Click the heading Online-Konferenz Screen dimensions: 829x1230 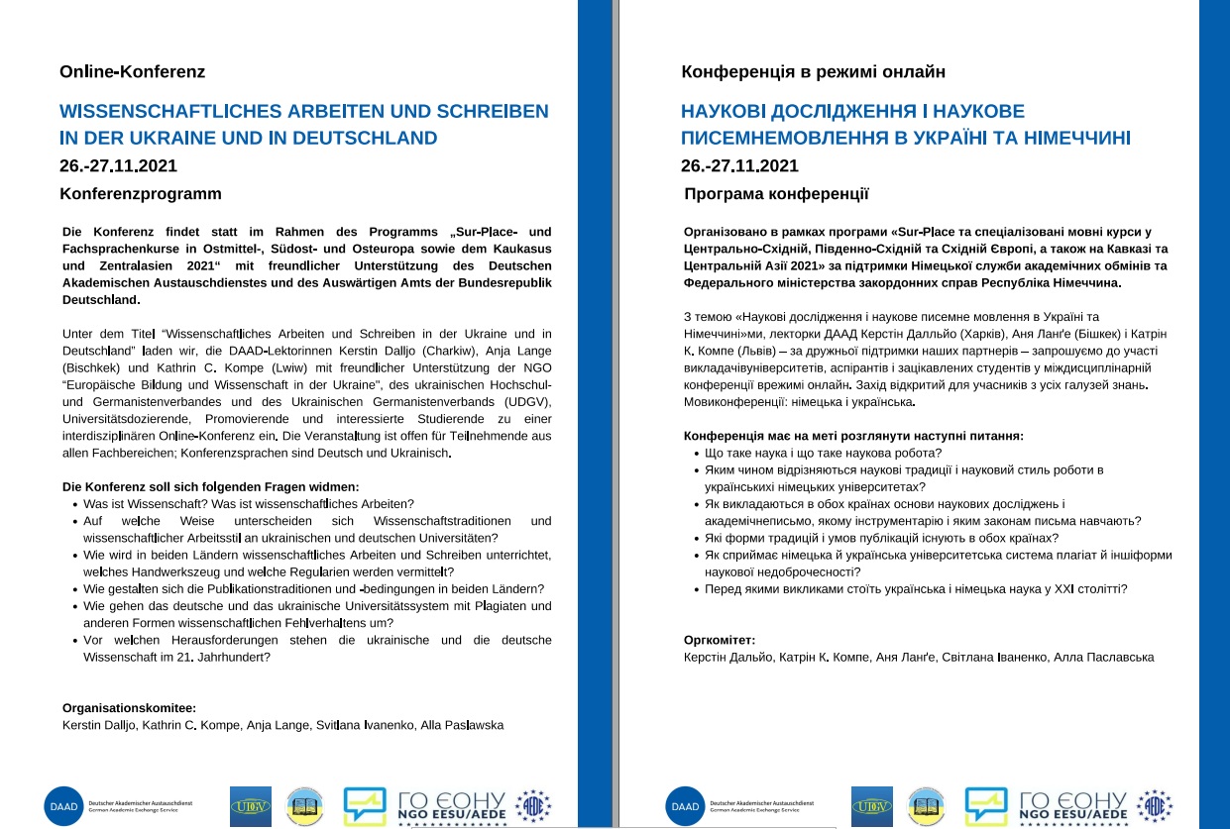click(x=132, y=72)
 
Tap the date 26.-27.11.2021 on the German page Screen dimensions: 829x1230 click(x=119, y=165)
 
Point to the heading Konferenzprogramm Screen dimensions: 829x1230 click(x=141, y=193)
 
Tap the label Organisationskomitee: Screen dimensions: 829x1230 click(x=129, y=708)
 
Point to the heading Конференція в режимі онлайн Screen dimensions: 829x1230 click(x=813, y=72)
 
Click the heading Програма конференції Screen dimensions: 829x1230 click(x=776, y=193)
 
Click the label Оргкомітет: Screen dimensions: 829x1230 click(x=720, y=640)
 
